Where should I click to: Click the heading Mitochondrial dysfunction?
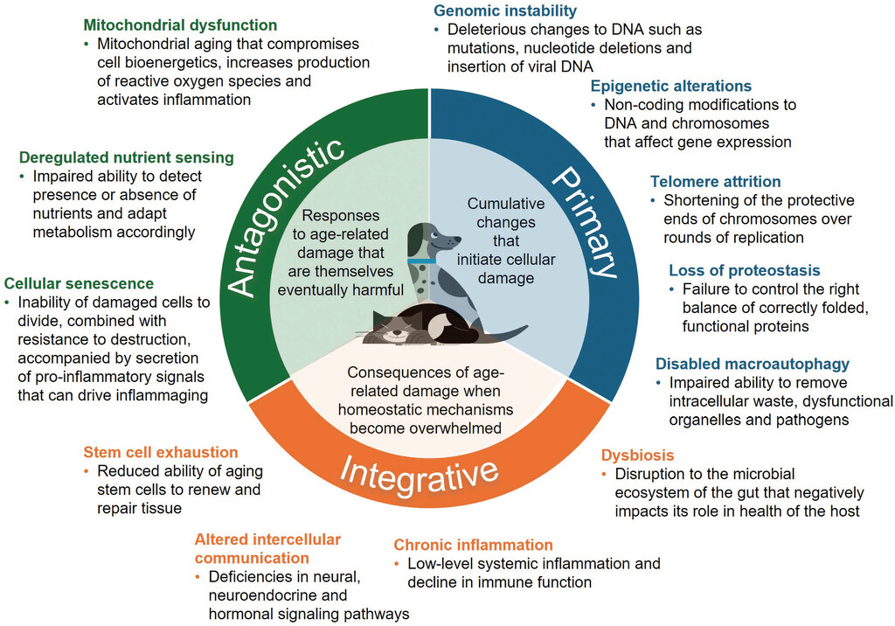point(180,25)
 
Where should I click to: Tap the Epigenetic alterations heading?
point(671,86)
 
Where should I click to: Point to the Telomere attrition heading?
point(716,182)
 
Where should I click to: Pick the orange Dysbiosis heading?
point(638,456)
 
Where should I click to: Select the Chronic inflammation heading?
point(473,546)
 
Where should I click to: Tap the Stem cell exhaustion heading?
point(161,453)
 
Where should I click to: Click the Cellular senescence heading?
point(80,284)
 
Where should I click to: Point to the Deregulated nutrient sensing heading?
point(126,158)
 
